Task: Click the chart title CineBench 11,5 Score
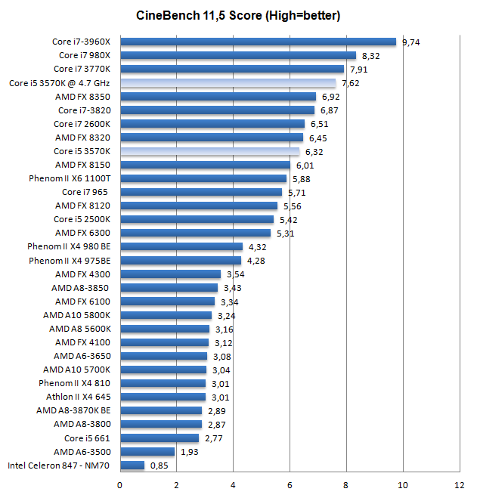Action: pos(238,14)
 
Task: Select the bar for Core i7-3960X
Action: pos(258,42)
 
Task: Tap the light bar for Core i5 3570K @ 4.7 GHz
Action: pos(228,83)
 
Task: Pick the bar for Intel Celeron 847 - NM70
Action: pos(132,465)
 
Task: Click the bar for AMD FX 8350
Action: pos(218,97)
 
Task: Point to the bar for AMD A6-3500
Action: pos(147,451)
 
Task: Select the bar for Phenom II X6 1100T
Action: pos(203,178)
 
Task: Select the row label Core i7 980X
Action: pos(85,55)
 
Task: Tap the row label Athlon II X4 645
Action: pos(78,397)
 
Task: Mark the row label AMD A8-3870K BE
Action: pos(73,410)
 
